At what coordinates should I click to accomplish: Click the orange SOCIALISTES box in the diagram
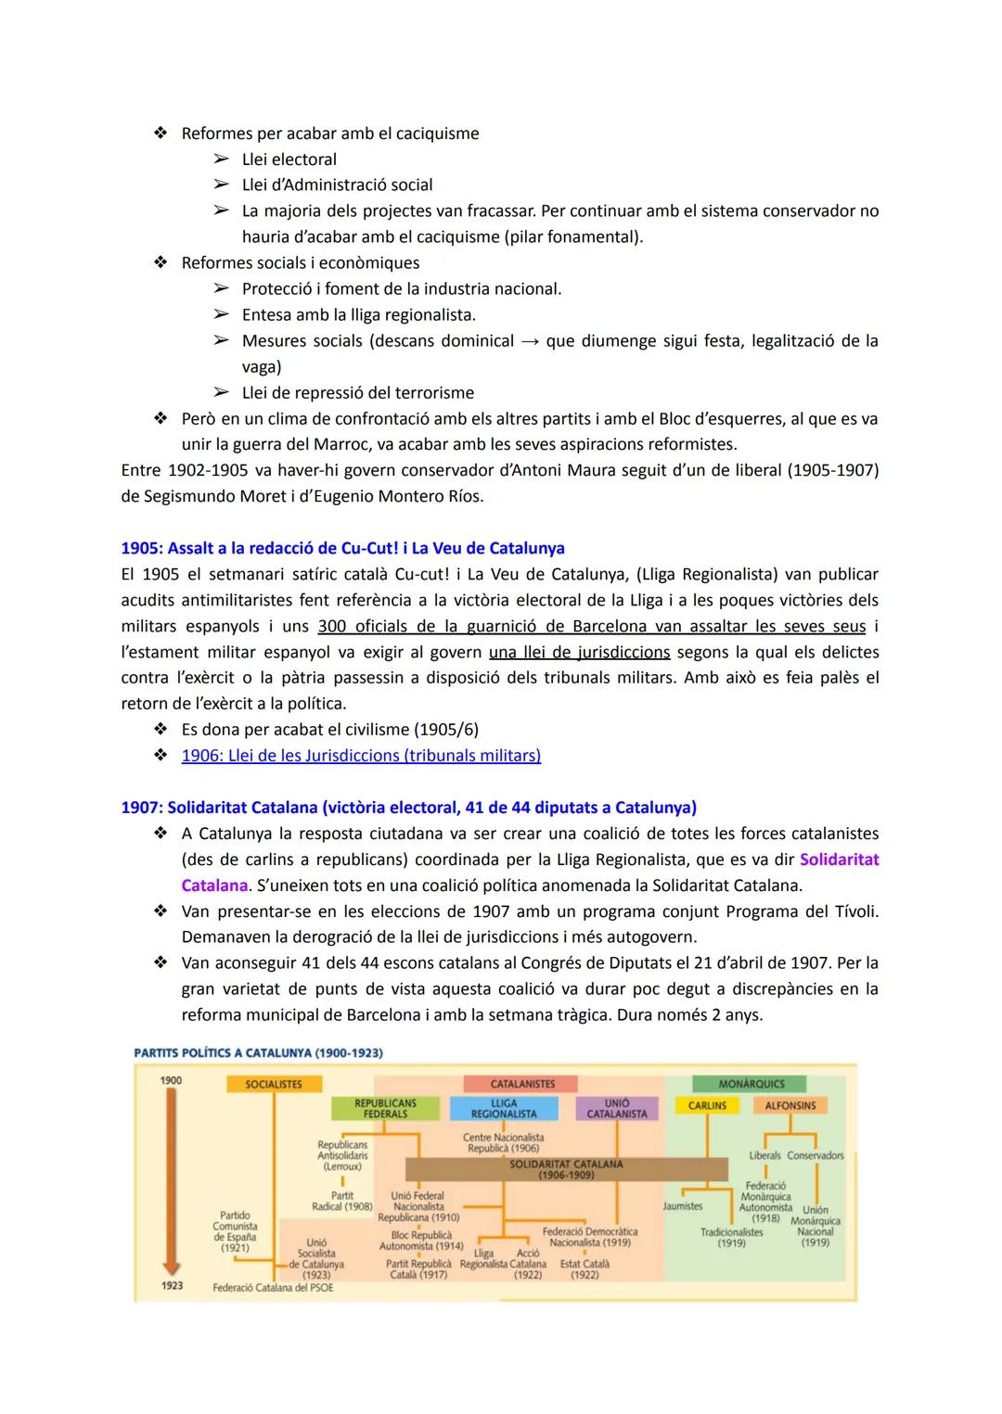274,1084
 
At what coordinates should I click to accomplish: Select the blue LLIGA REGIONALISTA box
503,1108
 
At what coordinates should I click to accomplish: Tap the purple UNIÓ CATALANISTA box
617,1108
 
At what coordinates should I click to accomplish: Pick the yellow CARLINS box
707,1105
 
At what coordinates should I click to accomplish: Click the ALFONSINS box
790,1105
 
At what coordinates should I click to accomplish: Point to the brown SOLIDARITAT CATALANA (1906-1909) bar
566,1168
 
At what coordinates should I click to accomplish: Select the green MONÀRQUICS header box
751,1084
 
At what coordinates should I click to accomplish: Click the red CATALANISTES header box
521,1084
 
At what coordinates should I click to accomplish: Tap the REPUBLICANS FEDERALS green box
385,1108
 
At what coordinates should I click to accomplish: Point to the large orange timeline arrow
171,1178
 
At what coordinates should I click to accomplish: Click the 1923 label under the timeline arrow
172,1286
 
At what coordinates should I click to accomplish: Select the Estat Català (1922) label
584,1269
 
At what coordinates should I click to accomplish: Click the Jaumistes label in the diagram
683,1206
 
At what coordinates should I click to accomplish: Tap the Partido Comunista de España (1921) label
235,1231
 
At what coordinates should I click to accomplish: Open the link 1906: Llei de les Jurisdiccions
360,756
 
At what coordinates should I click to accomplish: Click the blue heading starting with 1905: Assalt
342,548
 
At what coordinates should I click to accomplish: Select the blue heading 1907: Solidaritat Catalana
408,808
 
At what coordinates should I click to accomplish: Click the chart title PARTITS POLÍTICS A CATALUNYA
258,1052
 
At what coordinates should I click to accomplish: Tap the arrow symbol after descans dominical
530,341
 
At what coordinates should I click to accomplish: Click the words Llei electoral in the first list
289,159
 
